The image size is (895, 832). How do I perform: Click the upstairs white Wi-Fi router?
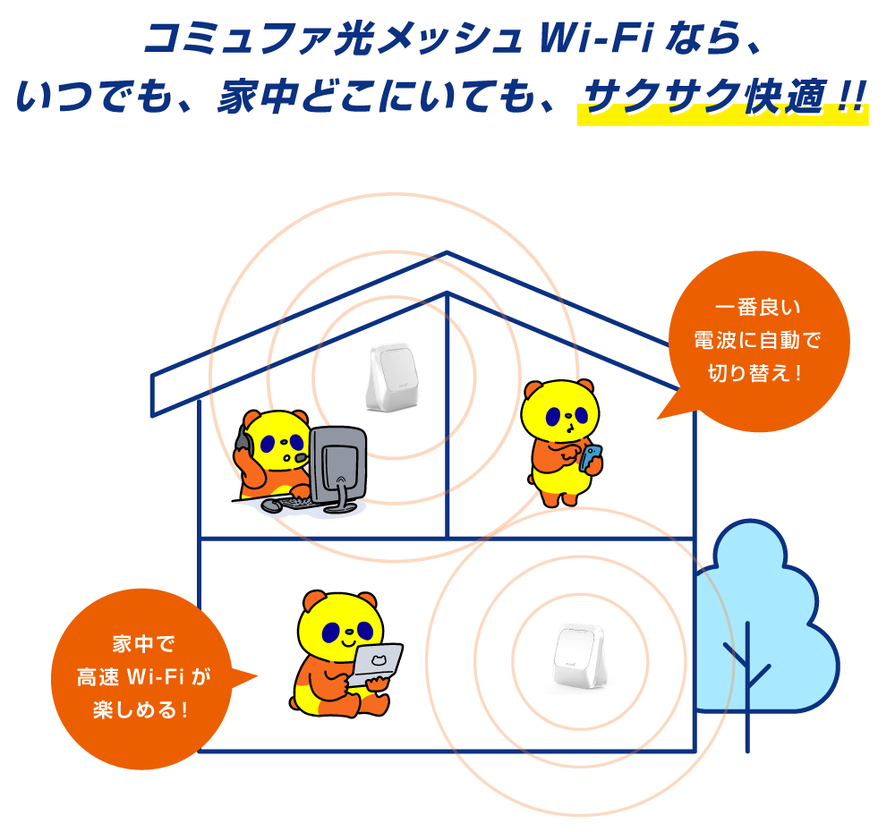click(x=390, y=378)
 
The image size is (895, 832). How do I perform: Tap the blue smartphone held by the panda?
click(x=590, y=457)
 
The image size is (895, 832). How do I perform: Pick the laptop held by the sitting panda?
click(x=375, y=665)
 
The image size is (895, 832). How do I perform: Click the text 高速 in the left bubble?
click(x=98, y=676)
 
